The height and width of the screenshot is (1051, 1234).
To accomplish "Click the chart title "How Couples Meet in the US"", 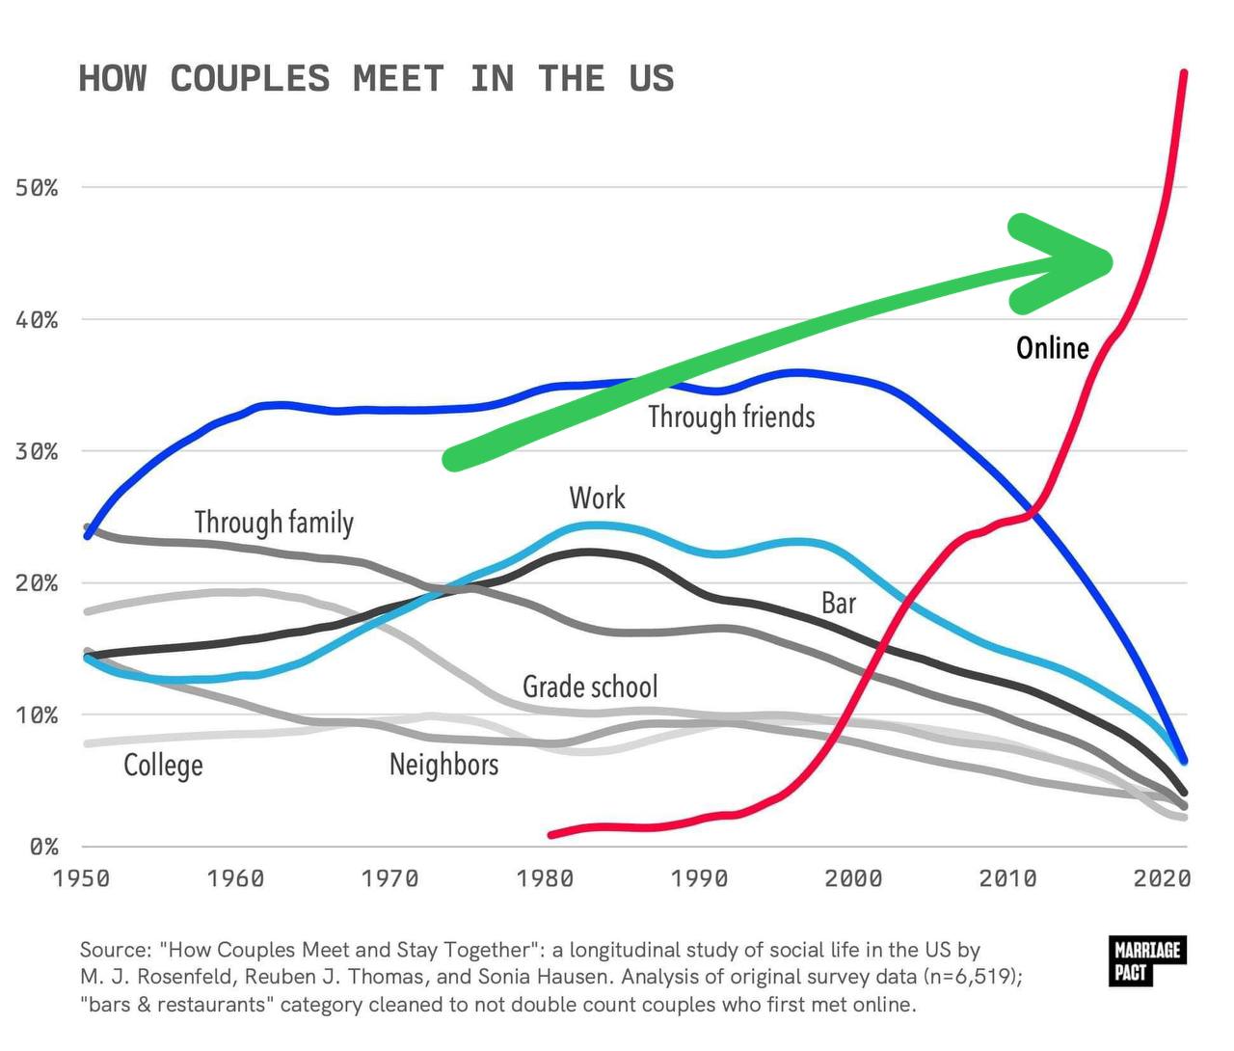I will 376,79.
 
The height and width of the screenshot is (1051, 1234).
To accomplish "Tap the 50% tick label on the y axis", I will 37,188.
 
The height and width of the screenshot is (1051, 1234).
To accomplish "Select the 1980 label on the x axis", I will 545,878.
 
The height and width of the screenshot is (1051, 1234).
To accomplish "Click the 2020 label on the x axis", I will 1162,878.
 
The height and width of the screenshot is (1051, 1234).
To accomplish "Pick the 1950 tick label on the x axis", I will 81,878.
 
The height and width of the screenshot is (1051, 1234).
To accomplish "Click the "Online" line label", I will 1052,347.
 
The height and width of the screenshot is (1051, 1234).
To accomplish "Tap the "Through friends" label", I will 731,417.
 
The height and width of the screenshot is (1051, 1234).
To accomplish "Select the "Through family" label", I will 274,522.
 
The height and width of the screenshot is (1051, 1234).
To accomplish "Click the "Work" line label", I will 597,498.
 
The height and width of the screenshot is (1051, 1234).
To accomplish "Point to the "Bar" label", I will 838,603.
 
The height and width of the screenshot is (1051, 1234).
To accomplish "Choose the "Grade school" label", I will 590,687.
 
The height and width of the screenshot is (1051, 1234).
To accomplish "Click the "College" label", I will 163,765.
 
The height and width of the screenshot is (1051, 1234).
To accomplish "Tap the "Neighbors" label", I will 443,765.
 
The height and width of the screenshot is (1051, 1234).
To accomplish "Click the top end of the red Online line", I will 1183,73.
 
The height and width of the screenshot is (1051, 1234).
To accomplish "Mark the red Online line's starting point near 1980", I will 550,834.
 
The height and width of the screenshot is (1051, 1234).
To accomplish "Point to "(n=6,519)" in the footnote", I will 971,976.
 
